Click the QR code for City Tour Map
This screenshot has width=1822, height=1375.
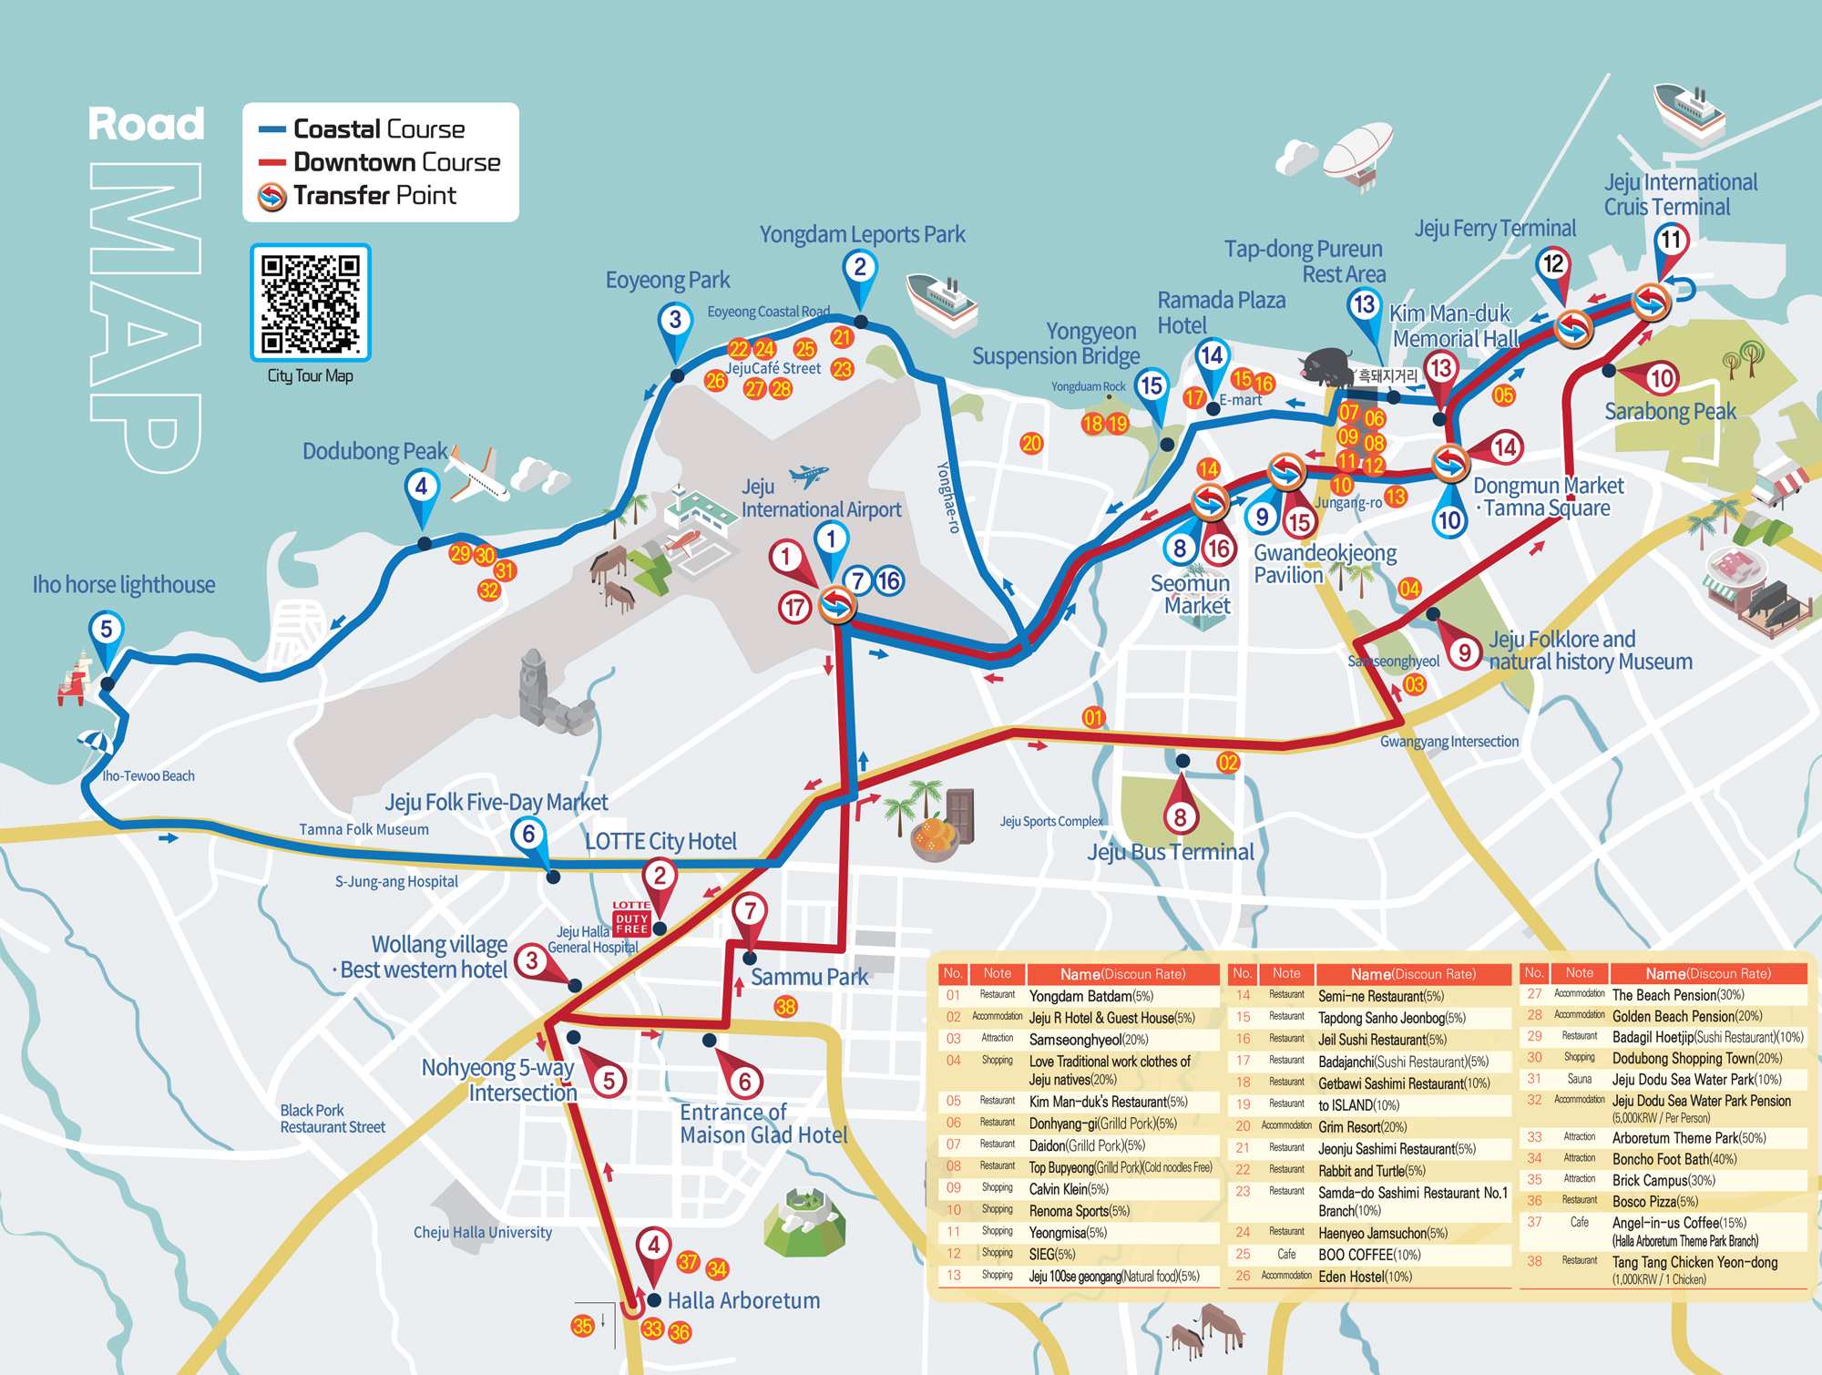[x=310, y=303]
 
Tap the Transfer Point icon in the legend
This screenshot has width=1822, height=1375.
[x=271, y=196]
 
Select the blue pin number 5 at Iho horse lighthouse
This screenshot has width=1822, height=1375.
[x=107, y=631]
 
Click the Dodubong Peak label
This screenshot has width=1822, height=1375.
[x=374, y=452]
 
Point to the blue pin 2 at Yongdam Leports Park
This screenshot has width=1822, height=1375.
[x=859, y=269]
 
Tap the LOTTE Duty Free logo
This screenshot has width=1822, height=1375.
[x=631, y=918]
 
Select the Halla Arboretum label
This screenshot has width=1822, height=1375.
[x=743, y=1300]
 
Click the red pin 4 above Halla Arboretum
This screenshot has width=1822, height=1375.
[x=653, y=1247]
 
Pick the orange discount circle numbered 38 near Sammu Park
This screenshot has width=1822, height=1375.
[x=785, y=1007]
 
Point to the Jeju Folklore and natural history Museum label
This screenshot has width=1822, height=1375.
[x=1590, y=651]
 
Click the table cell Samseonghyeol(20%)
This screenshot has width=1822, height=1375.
[x=1088, y=1040]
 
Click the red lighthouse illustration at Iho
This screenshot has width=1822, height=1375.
[x=73, y=679]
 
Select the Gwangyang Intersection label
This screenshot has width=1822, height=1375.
[x=1448, y=742]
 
